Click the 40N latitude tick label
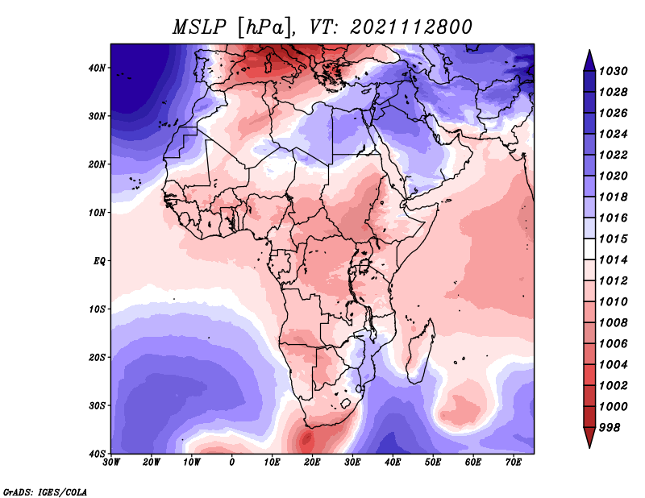[x=97, y=68]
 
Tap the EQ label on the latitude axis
[x=99, y=261]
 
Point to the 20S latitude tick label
[x=97, y=357]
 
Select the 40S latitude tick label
[x=97, y=454]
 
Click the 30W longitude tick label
[x=111, y=463]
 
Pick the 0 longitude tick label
[x=232, y=463]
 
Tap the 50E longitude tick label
[x=433, y=463]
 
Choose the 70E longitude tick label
[x=513, y=463]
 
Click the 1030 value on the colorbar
[x=613, y=71]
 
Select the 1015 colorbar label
[x=613, y=239]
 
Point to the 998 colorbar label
[x=610, y=428]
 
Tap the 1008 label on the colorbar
[x=613, y=323]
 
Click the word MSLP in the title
[x=199, y=27]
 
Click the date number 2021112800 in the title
[x=411, y=27]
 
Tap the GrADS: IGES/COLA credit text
[x=45, y=492]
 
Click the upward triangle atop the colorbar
[x=589, y=60]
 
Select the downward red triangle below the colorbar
[x=589, y=436]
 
